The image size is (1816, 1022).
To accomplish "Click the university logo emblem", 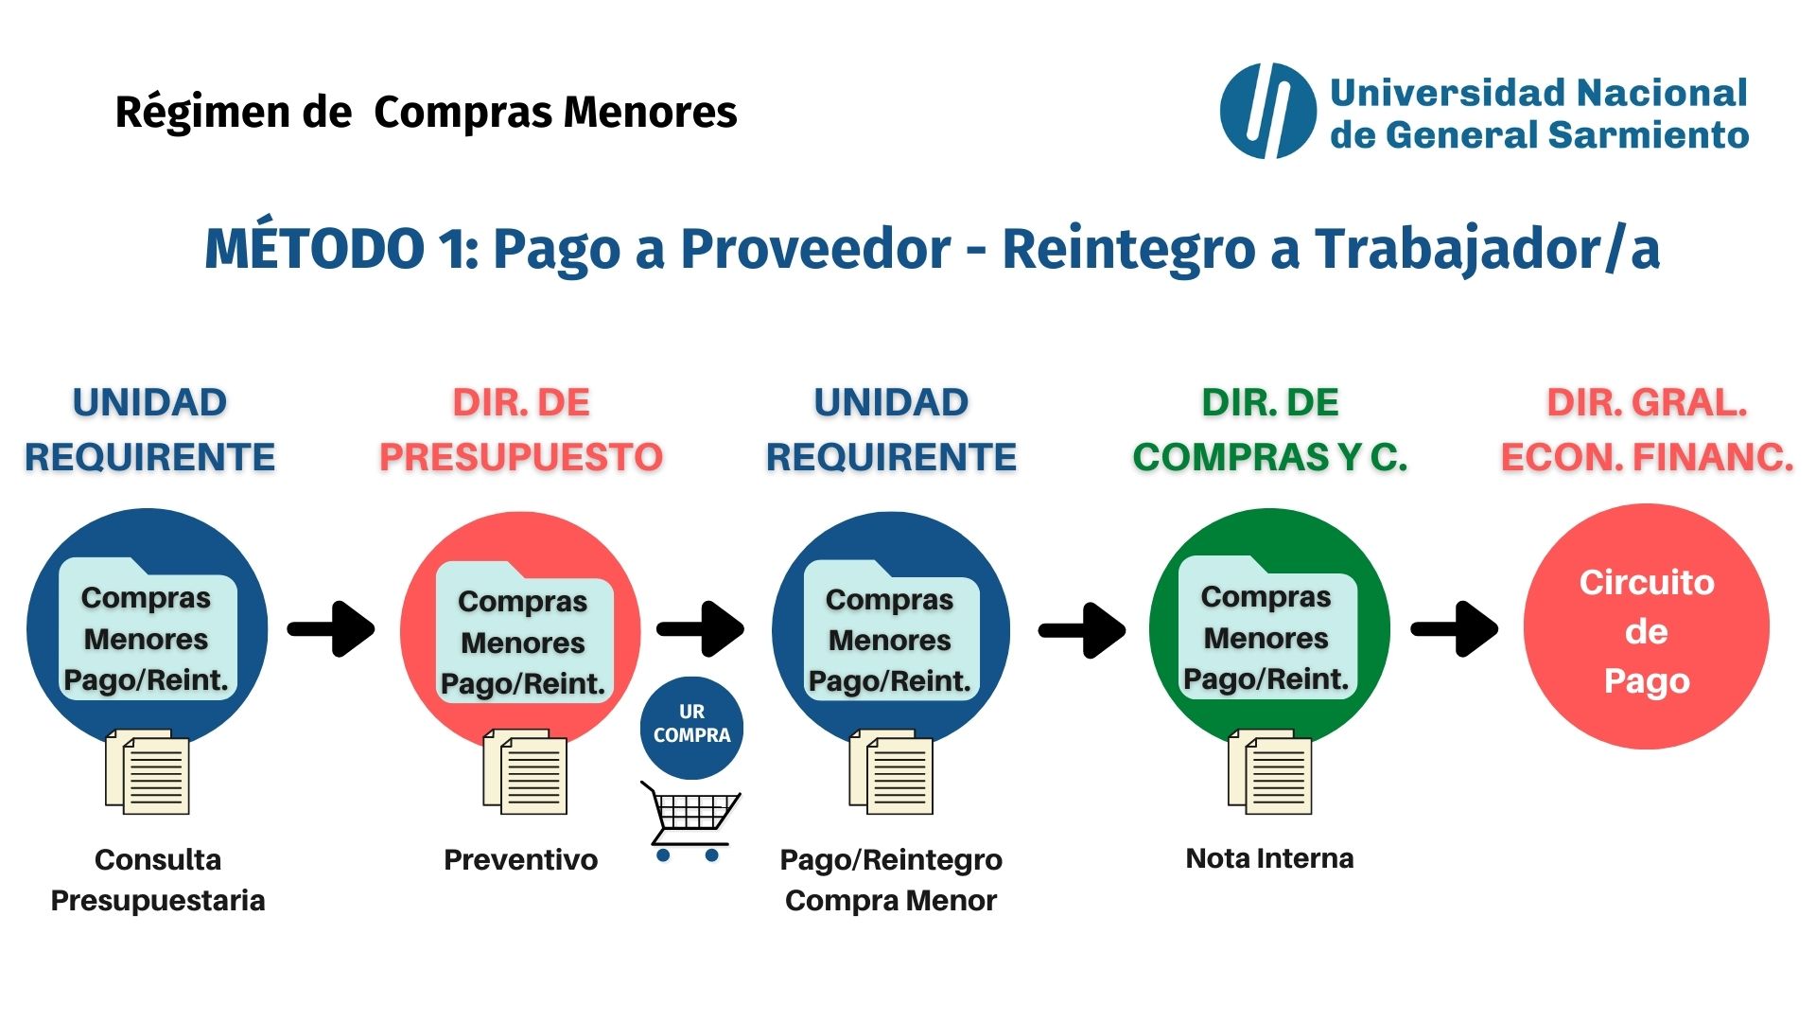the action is (x=1267, y=111).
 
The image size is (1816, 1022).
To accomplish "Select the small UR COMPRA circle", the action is (x=691, y=727).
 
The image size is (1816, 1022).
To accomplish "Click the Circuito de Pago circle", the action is (x=1646, y=627).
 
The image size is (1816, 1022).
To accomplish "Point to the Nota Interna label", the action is (x=1269, y=858).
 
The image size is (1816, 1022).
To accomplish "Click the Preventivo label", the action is (x=520, y=859).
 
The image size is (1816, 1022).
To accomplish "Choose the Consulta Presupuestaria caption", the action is (x=158, y=880).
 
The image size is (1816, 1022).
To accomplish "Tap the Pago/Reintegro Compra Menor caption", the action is (x=891, y=880).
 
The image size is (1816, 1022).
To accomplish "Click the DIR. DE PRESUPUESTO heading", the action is (x=521, y=430).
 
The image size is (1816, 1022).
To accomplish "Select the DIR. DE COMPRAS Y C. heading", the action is (x=1270, y=430).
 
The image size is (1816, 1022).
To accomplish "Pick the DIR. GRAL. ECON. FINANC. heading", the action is (x=1647, y=430).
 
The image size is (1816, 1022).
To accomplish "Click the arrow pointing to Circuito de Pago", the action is (x=1455, y=628).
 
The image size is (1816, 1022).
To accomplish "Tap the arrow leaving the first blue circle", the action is (x=331, y=628).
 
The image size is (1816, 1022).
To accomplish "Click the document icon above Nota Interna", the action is (x=1269, y=771).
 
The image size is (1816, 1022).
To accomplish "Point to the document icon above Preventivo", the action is (x=525, y=771).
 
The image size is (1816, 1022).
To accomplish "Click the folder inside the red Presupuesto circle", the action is (x=524, y=632).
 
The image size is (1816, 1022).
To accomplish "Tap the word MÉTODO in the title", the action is (x=314, y=249).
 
